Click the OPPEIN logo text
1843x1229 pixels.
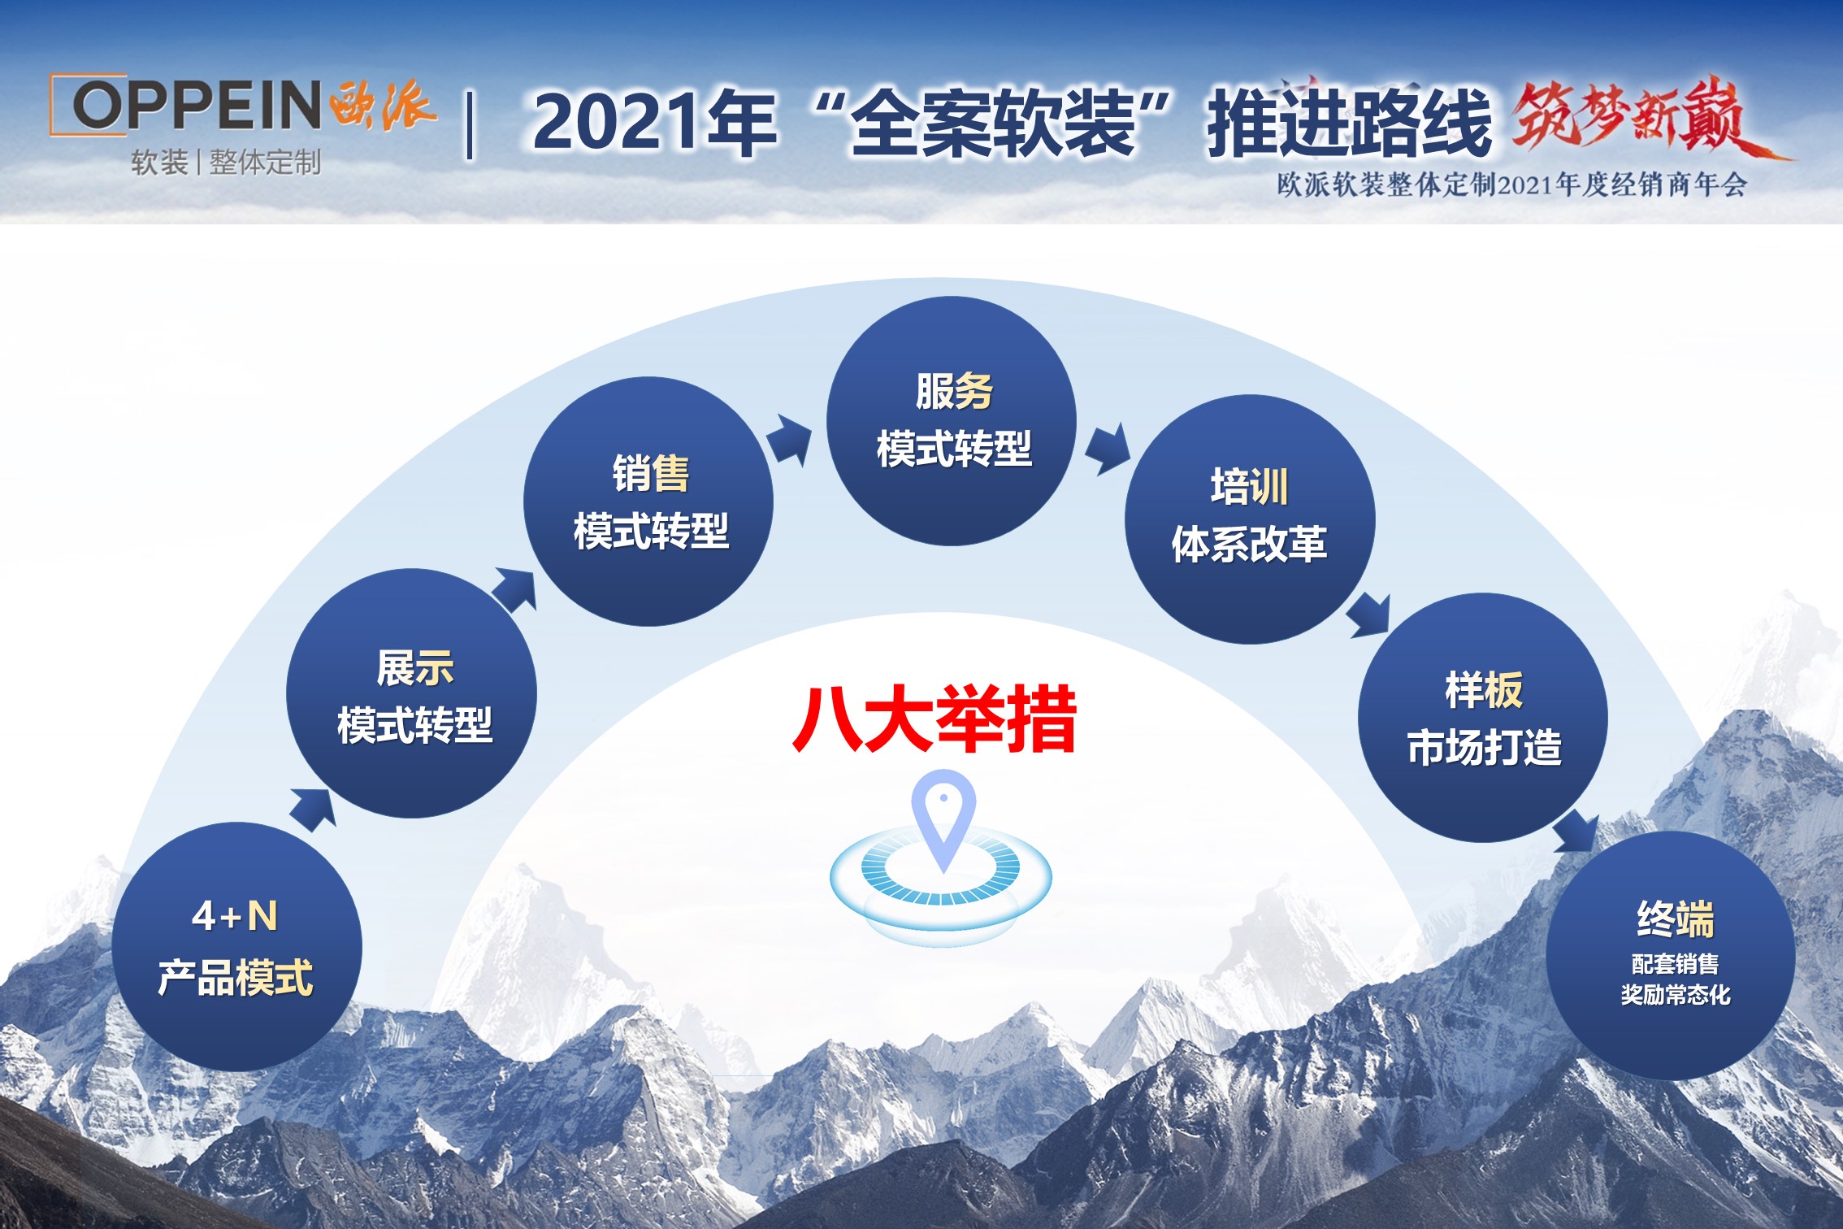[197, 105]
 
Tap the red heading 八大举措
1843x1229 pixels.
[935, 719]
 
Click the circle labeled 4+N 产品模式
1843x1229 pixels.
[236, 946]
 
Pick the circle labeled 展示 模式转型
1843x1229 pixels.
[412, 693]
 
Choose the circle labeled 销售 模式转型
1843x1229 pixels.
[648, 502]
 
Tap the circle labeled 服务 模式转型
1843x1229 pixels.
[952, 421]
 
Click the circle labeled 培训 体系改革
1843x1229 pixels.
[1250, 519]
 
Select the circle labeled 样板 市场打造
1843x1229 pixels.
[1483, 718]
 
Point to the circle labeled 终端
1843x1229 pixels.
[1671, 956]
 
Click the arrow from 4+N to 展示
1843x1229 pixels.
[314, 809]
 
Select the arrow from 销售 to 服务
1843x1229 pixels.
[789, 440]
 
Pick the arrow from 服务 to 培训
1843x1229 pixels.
[1108, 449]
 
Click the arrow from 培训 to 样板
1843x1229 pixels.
[1368, 616]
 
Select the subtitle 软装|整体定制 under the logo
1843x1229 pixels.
[226, 163]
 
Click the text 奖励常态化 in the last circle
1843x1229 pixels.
[1676, 995]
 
